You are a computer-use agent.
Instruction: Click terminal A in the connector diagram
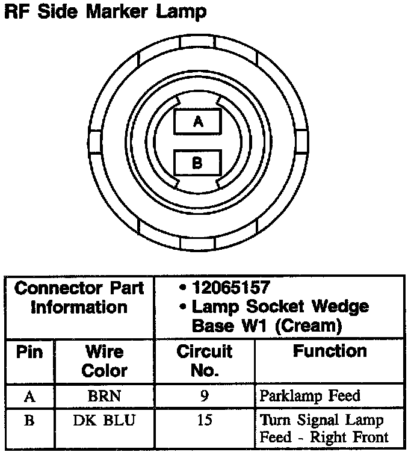[197, 121]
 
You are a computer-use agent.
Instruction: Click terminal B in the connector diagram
[197, 162]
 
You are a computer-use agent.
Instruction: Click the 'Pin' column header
[29, 351]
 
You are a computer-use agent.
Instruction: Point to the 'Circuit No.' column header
[204, 361]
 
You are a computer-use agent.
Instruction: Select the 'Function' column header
[330, 351]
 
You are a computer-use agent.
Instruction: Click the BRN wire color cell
[104, 395]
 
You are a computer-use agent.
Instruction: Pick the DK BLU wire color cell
[104, 419]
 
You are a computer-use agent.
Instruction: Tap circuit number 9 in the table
[205, 395]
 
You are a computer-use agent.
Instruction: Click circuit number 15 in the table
[205, 419]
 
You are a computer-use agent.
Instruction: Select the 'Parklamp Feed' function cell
[310, 395]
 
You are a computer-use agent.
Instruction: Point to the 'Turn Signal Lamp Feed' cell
[324, 427]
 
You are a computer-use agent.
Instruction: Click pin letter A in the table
[29, 395]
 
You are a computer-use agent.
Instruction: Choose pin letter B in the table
[29, 419]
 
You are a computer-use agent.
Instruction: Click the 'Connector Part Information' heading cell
[79, 298]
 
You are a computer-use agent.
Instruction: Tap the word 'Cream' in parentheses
[310, 326]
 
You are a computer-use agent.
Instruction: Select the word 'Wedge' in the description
[342, 307]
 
